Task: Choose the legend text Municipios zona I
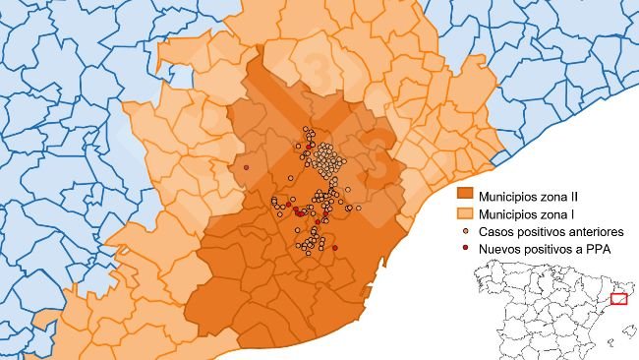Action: click(x=527, y=213)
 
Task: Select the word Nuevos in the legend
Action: click(x=499, y=250)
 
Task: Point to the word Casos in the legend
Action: click(x=496, y=232)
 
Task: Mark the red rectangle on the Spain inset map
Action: click(x=618, y=299)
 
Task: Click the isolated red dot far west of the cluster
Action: click(x=246, y=167)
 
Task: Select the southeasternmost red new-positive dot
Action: click(x=335, y=248)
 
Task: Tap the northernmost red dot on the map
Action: click(x=312, y=147)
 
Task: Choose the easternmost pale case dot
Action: click(x=359, y=209)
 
